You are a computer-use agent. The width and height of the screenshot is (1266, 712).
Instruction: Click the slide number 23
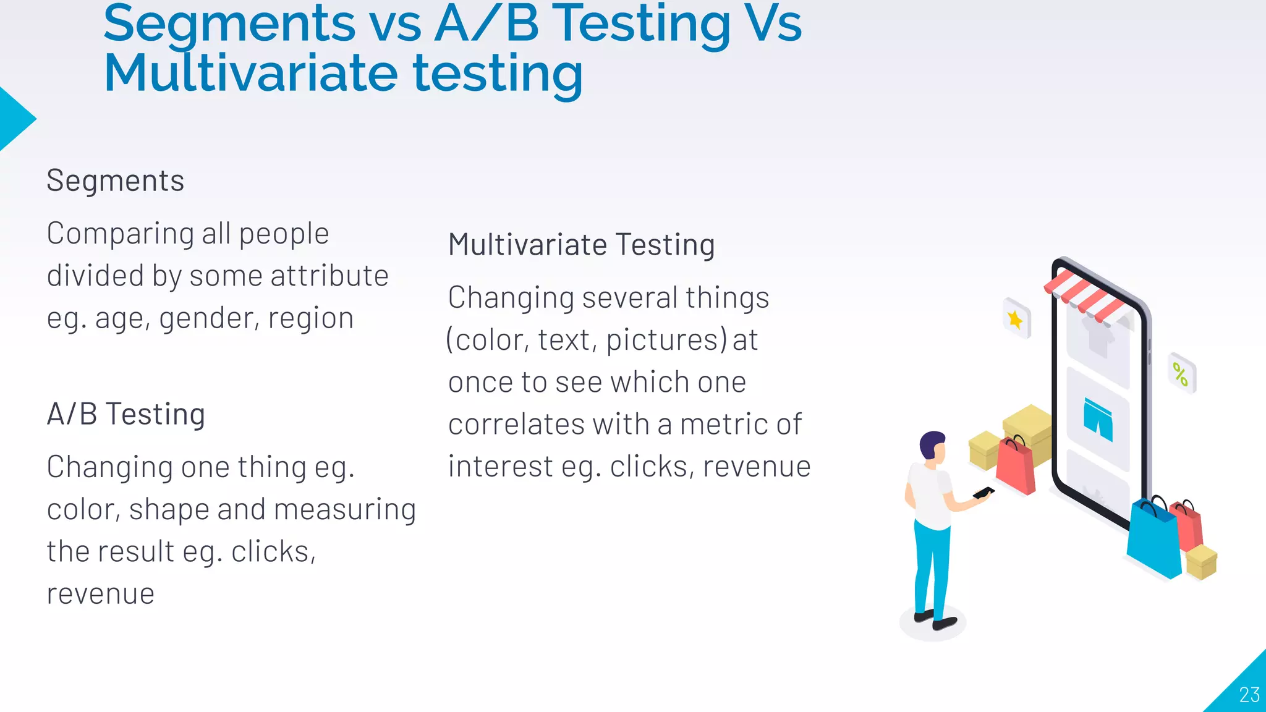click(1249, 695)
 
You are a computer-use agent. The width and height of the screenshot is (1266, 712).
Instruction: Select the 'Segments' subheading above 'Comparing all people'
click(116, 181)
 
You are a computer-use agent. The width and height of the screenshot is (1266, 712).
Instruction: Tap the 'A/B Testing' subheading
click(126, 414)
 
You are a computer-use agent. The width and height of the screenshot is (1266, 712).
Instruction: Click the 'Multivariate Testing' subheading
click(582, 245)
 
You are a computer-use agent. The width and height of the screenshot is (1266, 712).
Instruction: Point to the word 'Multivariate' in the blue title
click(251, 74)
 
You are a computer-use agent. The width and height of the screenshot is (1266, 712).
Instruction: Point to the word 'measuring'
click(345, 511)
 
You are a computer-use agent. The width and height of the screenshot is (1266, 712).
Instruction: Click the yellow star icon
click(1015, 320)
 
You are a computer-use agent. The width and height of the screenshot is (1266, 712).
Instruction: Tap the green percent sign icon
click(1180, 374)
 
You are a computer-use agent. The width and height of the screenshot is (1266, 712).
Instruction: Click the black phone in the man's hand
click(983, 493)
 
